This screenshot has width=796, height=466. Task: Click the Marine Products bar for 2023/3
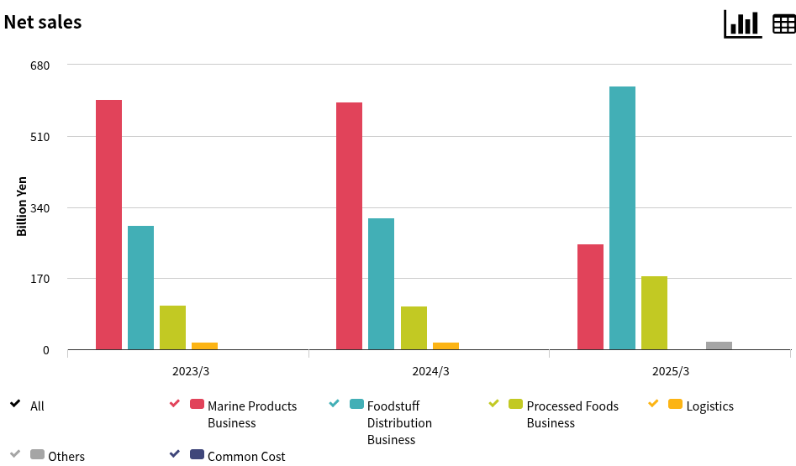tap(108, 224)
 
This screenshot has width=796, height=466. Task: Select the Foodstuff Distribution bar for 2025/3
tap(622, 217)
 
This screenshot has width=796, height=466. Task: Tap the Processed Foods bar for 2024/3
tap(414, 327)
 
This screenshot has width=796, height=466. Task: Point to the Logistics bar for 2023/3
tap(204, 345)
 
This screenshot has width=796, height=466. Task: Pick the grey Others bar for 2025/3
tap(719, 345)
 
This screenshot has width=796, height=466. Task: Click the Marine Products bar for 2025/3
tap(590, 296)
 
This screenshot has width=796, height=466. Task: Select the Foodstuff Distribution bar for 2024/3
tap(381, 284)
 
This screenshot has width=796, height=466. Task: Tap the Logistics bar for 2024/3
tap(445, 345)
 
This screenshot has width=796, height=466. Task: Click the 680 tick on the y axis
tap(40, 65)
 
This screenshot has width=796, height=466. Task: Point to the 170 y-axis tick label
tap(40, 279)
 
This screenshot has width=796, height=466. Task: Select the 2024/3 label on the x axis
tap(430, 371)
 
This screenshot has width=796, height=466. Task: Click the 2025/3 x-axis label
tap(671, 371)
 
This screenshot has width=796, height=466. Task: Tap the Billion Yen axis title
tap(22, 206)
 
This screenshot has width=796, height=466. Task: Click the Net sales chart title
tap(43, 23)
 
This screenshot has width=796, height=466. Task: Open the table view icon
tap(783, 24)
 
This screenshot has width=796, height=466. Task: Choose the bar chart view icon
tap(742, 24)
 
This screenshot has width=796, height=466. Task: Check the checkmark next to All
tap(15, 404)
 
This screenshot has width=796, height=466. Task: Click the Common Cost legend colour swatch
tap(197, 454)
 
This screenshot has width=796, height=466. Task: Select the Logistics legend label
tap(709, 406)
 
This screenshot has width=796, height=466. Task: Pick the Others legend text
tap(66, 457)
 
